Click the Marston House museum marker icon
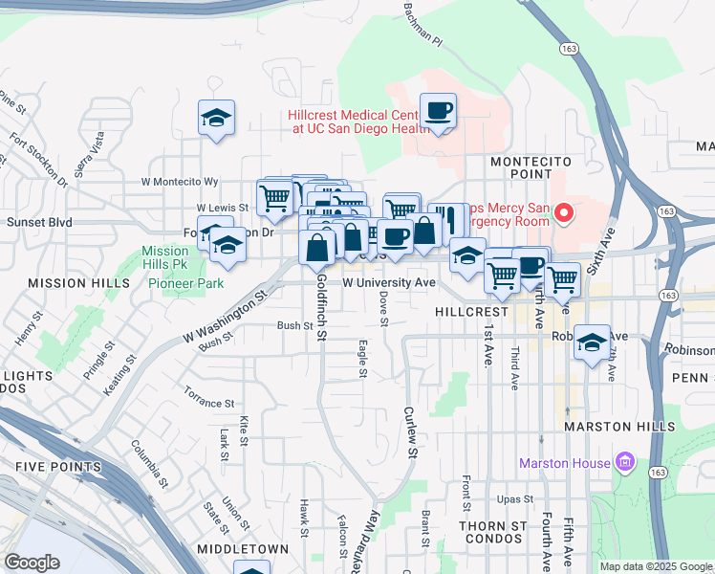626,464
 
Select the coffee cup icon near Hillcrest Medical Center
439,111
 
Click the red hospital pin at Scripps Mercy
563,212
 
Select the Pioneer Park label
185,283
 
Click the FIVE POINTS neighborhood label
58,467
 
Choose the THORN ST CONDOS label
493,533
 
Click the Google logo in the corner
32,563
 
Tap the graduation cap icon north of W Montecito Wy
216,119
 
